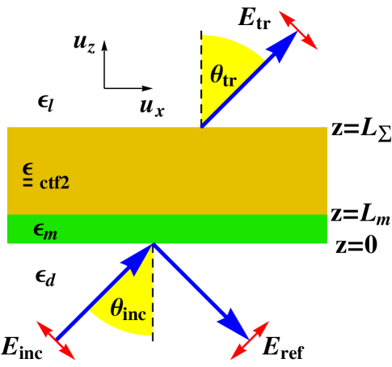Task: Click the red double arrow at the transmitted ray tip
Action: tap(298, 30)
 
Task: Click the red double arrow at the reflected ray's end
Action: tap(250, 340)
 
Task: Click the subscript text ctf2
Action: tap(55, 183)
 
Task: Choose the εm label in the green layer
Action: tap(44, 230)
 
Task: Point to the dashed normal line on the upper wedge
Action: tap(201, 81)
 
